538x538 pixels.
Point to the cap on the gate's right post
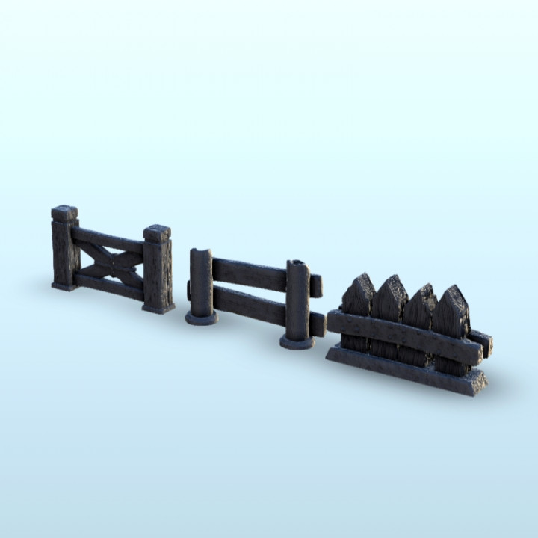[x=157, y=233]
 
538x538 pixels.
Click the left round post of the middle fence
[x=202, y=280]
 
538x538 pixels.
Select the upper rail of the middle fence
[x=250, y=273]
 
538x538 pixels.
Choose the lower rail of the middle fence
[x=250, y=305]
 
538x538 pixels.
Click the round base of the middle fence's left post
[x=202, y=318]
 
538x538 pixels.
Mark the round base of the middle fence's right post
[x=297, y=342]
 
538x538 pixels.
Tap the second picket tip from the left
[x=390, y=285]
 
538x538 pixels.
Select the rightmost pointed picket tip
[x=453, y=296]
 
